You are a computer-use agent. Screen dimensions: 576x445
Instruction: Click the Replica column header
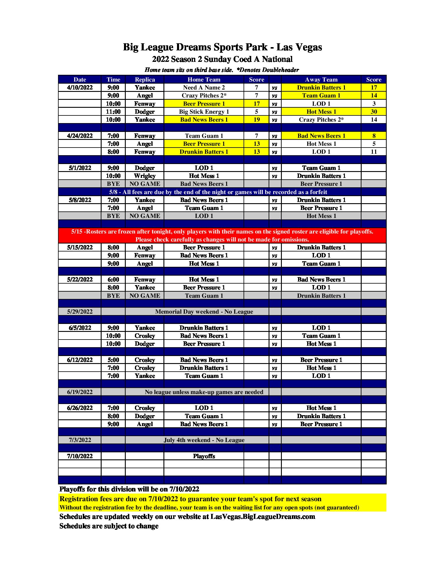pyautogui.click(x=145, y=80)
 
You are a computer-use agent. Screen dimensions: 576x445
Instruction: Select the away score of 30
pyautogui.click(x=374, y=112)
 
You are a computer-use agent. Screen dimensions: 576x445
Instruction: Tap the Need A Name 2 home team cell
pyautogui.click(x=204, y=87)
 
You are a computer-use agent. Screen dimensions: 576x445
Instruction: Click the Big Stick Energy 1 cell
pyautogui.click(x=204, y=112)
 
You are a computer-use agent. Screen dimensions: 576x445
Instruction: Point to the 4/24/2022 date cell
pyautogui.click(x=80, y=136)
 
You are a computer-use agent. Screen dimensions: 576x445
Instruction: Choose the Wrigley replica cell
pyautogui.click(x=145, y=176)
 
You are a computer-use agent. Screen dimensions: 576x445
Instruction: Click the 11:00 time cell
pyautogui.click(x=113, y=112)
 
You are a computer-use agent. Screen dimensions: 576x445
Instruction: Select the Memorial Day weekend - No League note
pyautogui.click(x=204, y=312)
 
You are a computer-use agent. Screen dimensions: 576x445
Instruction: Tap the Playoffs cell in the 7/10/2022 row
pyautogui.click(x=204, y=456)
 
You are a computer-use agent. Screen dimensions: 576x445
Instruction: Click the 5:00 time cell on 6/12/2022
pyautogui.click(x=113, y=360)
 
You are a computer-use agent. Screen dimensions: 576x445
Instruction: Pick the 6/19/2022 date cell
pyautogui.click(x=80, y=392)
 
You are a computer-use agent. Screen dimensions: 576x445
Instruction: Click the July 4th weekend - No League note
pyautogui.click(x=204, y=440)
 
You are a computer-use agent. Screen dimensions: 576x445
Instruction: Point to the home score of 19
pyautogui.click(x=257, y=120)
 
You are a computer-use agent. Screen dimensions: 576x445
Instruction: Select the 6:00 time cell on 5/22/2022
pyautogui.click(x=113, y=279)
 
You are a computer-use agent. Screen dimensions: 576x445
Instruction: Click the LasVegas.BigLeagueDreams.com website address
pyautogui.click(x=263, y=517)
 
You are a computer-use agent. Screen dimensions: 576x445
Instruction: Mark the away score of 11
pyautogui.click(x=374, y=152)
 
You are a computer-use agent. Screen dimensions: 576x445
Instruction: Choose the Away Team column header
pyautogui.click(x=321, y=80)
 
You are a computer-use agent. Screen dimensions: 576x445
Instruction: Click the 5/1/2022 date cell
pyautogui.click(x=80, y=168)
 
